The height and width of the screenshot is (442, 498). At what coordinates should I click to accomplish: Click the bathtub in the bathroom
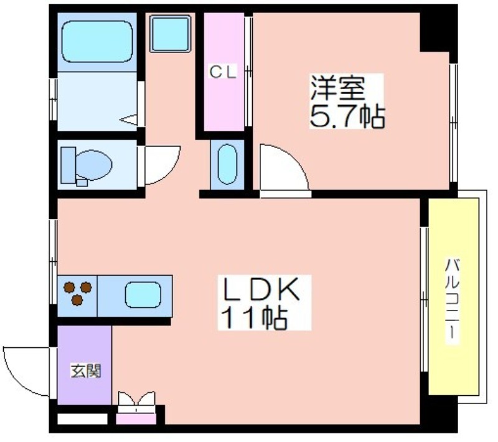(97, 41)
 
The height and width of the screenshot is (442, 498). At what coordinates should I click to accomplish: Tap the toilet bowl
(94, 165)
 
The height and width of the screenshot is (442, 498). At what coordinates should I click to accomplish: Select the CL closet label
(223, 72)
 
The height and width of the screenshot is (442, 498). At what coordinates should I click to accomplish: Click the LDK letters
(262, 289)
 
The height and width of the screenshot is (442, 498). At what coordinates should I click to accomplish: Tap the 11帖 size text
(254, 317)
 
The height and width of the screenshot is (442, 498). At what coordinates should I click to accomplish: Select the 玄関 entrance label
(86, 371)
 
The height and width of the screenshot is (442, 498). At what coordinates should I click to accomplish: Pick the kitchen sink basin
(143, 295)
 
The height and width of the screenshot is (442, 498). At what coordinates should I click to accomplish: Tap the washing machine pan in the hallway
(170, 34)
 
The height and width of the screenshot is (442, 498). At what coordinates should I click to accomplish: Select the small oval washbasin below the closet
(227, 165)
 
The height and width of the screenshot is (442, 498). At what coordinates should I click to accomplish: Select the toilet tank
(68, 165)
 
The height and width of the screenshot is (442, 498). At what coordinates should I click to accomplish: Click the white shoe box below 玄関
(82, 418)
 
